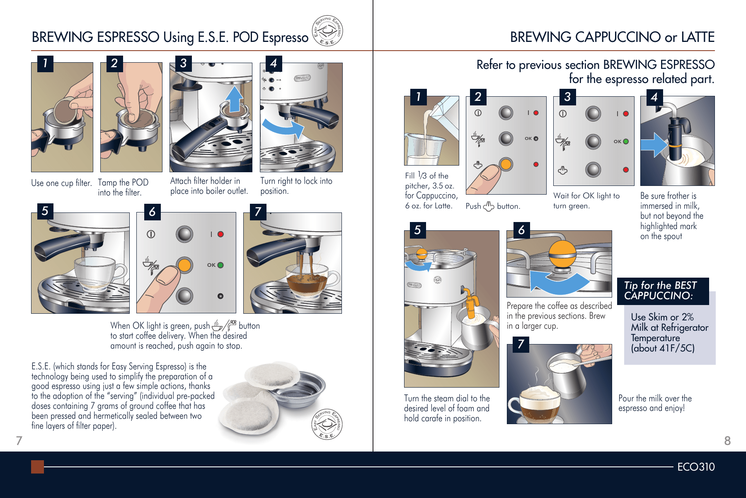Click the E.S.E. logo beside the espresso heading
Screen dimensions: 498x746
(x=327, y=30)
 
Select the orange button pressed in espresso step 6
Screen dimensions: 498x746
(x=184, y=265)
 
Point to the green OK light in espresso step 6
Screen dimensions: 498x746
(x=220, y=265)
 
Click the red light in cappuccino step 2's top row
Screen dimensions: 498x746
(x=536, y=113)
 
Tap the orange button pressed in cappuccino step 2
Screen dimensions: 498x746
(x=506, y=164)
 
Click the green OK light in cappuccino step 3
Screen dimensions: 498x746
(x=626, y=142)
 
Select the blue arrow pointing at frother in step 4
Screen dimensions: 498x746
(x=654, y=145)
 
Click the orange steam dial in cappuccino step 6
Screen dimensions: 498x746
(x=562, y=254)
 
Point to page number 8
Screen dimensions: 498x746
(x=727, y=441)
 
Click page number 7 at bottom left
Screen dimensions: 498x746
(x=19, y=441)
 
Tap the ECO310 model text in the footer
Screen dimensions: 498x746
(x=696, y=467)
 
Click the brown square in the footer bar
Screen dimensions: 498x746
(x=37, y=467)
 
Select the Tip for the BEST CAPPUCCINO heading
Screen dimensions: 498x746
(x=662, y=290)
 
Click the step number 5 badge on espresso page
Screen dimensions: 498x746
(x=45, y=211)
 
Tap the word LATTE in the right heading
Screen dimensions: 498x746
(x=698, y=37)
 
